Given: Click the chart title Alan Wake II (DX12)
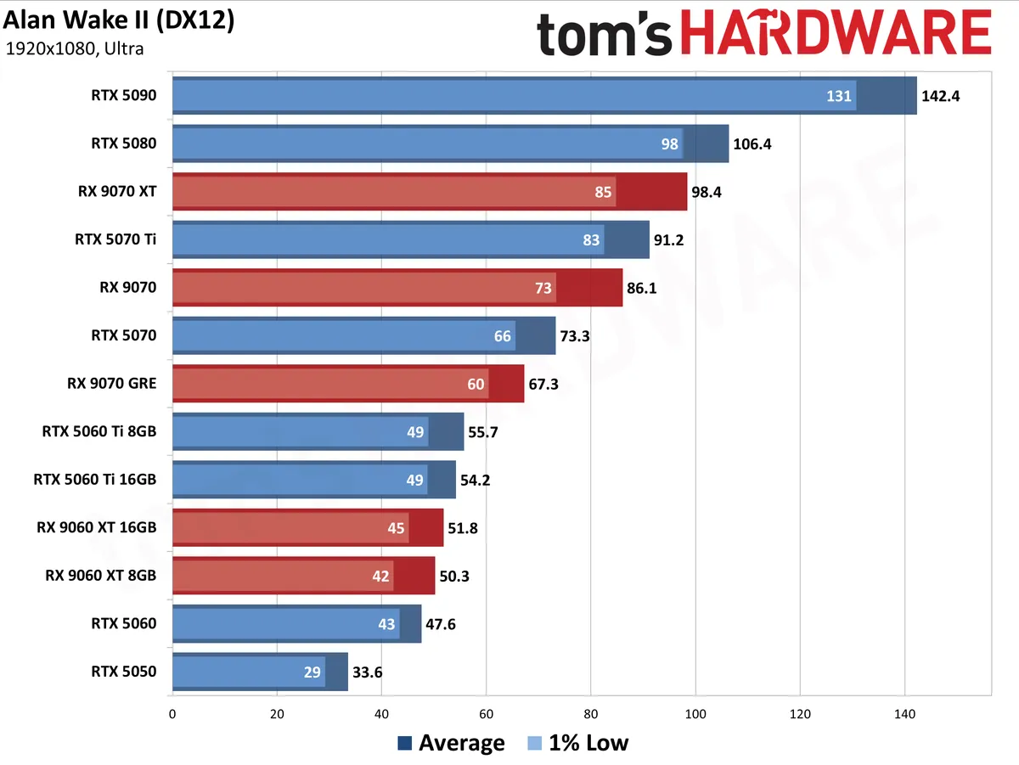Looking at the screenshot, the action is click(118, 21).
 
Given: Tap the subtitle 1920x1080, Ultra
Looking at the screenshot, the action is click(74, 48).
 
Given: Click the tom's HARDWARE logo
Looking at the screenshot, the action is click(764, 33).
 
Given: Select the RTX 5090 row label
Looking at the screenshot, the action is click(123, 95).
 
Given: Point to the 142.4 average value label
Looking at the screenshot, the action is click(940, 96).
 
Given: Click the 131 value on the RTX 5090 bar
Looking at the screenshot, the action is click(838, 96).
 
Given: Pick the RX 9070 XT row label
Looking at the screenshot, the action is click(117, 191).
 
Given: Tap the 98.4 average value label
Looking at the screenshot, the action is click(707, 192).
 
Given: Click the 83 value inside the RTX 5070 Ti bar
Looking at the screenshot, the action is click(591, 240).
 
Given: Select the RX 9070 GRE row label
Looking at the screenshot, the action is click(112, 384).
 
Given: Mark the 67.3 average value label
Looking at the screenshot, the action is click(543, 385).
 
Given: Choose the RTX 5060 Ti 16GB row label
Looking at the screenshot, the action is click(95, 480).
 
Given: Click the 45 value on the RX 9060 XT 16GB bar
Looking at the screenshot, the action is click(396, 528).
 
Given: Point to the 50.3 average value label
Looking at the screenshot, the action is click(454, 577).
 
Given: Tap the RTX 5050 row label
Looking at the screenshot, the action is click(123, 672).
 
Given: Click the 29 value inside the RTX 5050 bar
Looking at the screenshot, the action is click(312, 672).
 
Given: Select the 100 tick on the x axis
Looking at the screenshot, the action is click(695, 714).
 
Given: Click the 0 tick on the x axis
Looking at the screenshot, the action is click(172, 714).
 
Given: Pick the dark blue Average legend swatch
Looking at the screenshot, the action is click(404, 743).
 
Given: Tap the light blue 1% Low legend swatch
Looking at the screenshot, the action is click(534, 743).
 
